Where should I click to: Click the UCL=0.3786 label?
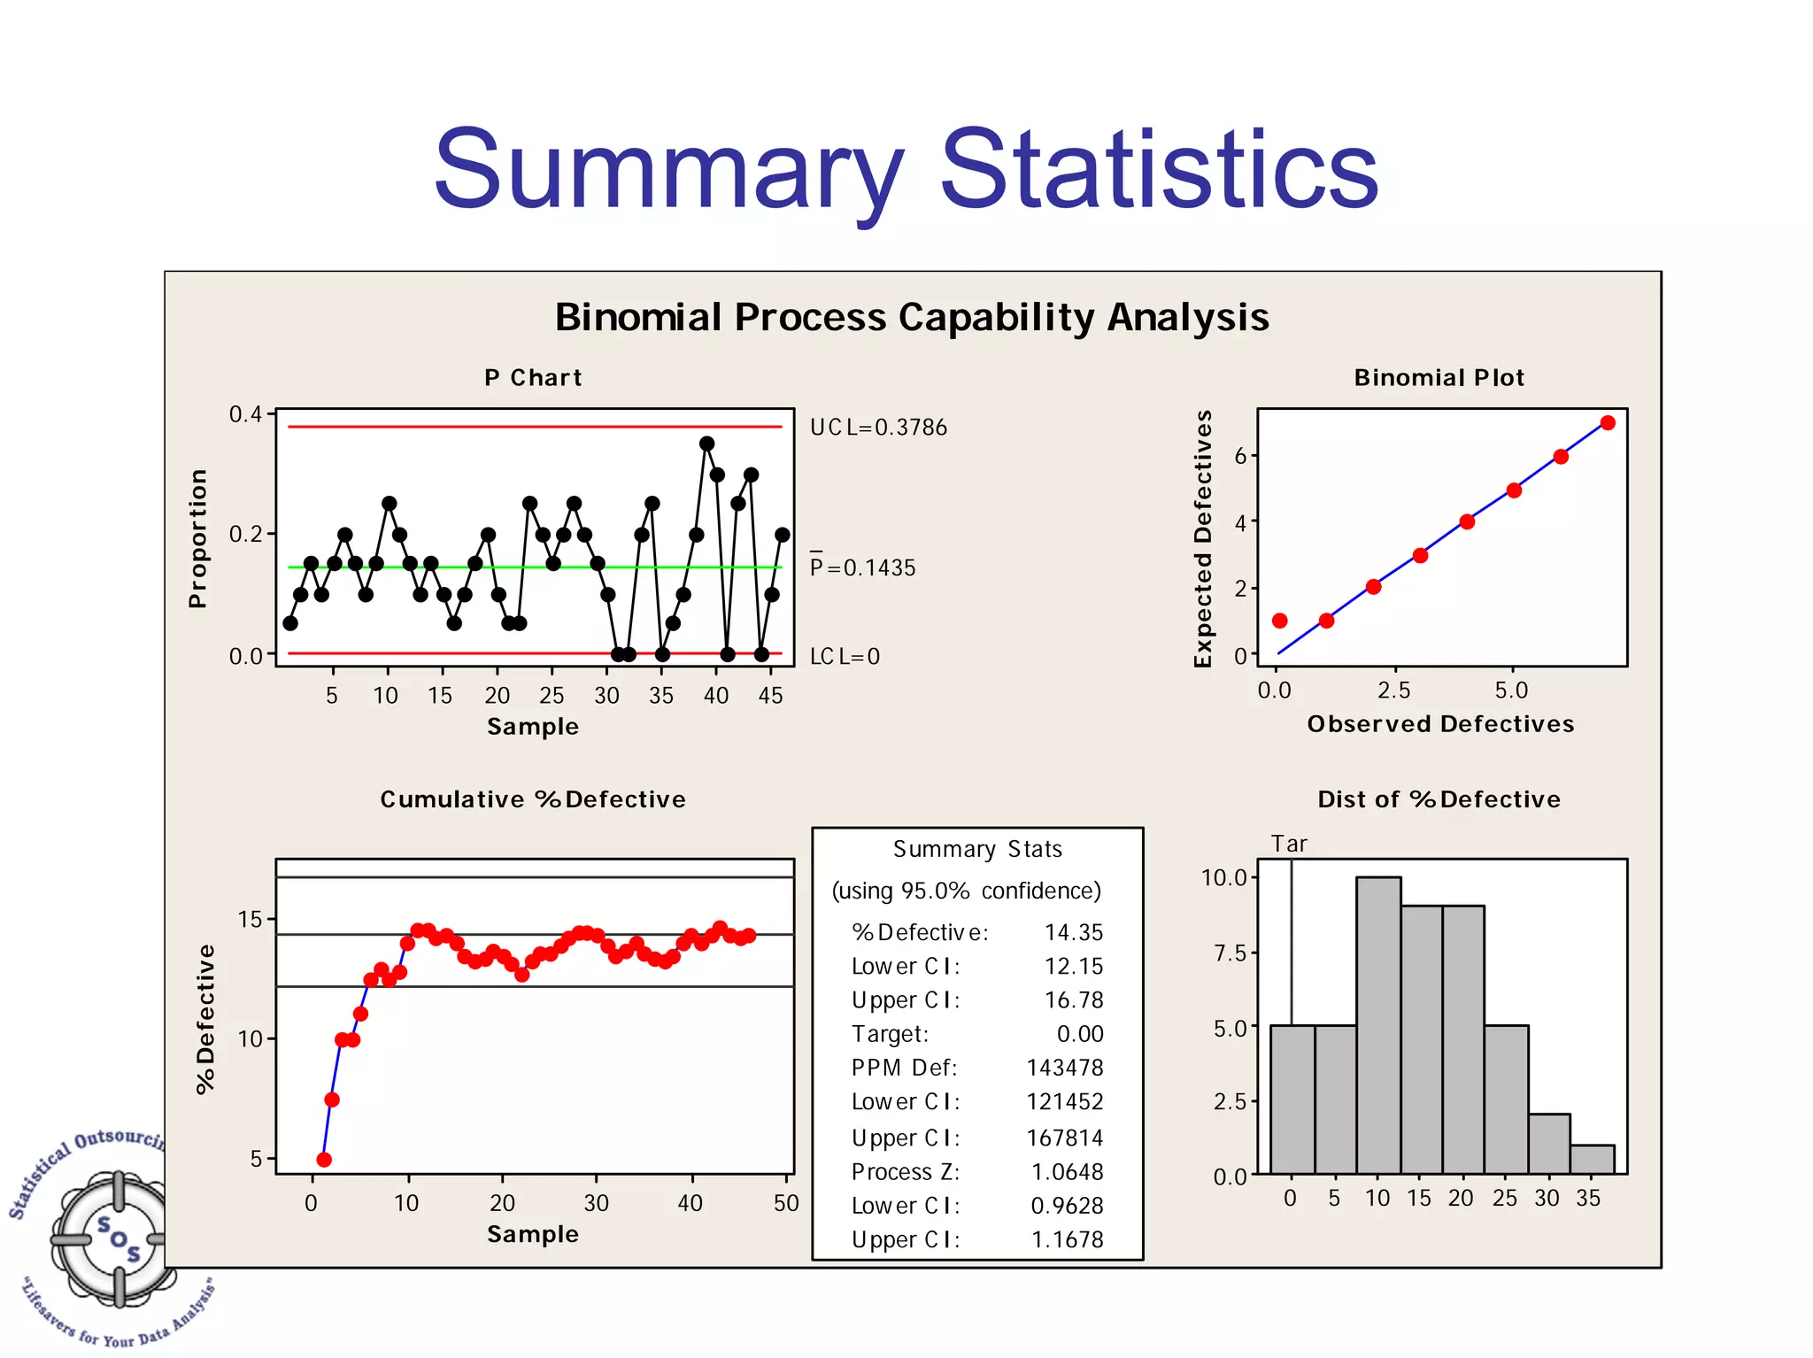pos(878,428)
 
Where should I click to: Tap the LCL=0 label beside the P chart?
pos(845,656)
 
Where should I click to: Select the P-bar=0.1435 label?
pos(862,567)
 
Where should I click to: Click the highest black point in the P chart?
pos(706,444)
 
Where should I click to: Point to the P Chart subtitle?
pos(533,378)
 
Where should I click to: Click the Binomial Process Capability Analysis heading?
pos(912,317)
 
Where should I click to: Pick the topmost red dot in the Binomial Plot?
pos(1608,423)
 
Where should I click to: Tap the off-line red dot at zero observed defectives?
pos(1279,621)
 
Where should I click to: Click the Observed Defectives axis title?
pos(1440,724)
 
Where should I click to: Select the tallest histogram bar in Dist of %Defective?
pos(1378,1024)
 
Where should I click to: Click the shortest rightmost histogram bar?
pos(1592,1159)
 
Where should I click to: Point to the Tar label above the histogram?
pos(1289,844)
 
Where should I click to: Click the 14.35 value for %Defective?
pos(1074,932)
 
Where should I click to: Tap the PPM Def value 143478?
pos(1065,1068)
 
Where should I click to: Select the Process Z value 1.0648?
pos(1068,1172)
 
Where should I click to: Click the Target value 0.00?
pos(1080,1034)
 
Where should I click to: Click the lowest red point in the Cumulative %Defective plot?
pos(324,1159)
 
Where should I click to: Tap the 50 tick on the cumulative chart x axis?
pos(786,1203)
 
